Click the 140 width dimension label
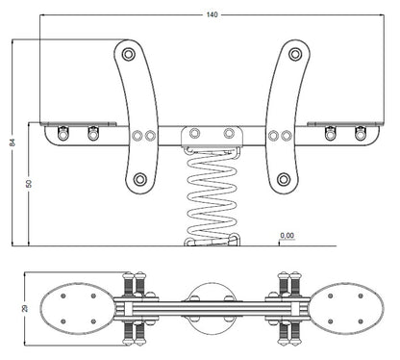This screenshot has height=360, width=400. [212, 14]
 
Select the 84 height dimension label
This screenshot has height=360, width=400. [12, 141]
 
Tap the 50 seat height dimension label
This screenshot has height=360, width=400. [29, 184]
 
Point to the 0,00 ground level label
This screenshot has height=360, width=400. [287, 236]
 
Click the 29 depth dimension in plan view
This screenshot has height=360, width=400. [24, 308]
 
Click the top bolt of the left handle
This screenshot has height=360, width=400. [129, 54]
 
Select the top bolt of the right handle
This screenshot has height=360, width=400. [295, 54]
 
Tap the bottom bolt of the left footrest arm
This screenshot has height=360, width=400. [140, 179]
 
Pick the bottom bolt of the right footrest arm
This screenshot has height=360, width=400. [284, 179]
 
